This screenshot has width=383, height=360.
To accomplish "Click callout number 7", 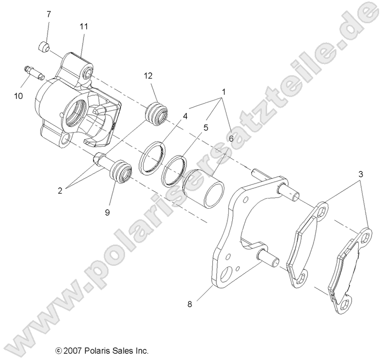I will pos(48,15).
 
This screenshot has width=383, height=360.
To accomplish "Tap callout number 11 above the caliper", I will pos(84,27).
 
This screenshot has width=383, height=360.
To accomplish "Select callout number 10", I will pos(18,96).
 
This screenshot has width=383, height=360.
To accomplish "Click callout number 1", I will pos(224,91).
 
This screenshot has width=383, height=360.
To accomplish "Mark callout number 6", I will pos(231,138).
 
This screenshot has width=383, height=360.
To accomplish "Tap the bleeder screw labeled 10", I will pos(33,72).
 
